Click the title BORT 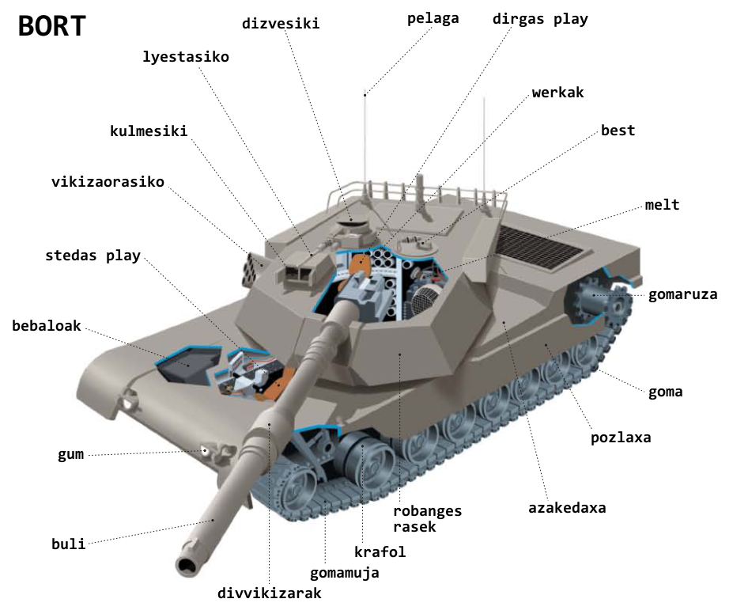coord(52,26)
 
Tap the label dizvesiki coord(281,24)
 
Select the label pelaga coord(433,19)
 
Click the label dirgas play coord(540,19)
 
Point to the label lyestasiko coord(186,57)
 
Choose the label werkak coord(557,93)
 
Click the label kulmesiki coord(149,131)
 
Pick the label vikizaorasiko coord(108,181)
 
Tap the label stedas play coord(93,256)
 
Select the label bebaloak coord(47,325)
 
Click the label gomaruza coord(682,294)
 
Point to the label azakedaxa coord(567,508)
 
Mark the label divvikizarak coord(270,593)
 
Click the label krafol coord(380,551)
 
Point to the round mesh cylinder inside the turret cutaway coord(425,301)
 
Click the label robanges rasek coord(427,518)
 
